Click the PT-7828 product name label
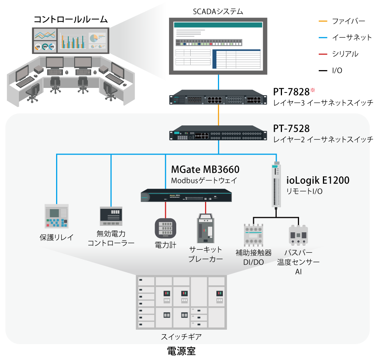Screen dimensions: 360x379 291,92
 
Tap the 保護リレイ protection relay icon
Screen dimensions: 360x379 56,216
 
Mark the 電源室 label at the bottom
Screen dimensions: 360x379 181,351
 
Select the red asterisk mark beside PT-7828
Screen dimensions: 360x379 313,90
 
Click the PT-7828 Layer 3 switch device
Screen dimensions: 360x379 218,98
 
